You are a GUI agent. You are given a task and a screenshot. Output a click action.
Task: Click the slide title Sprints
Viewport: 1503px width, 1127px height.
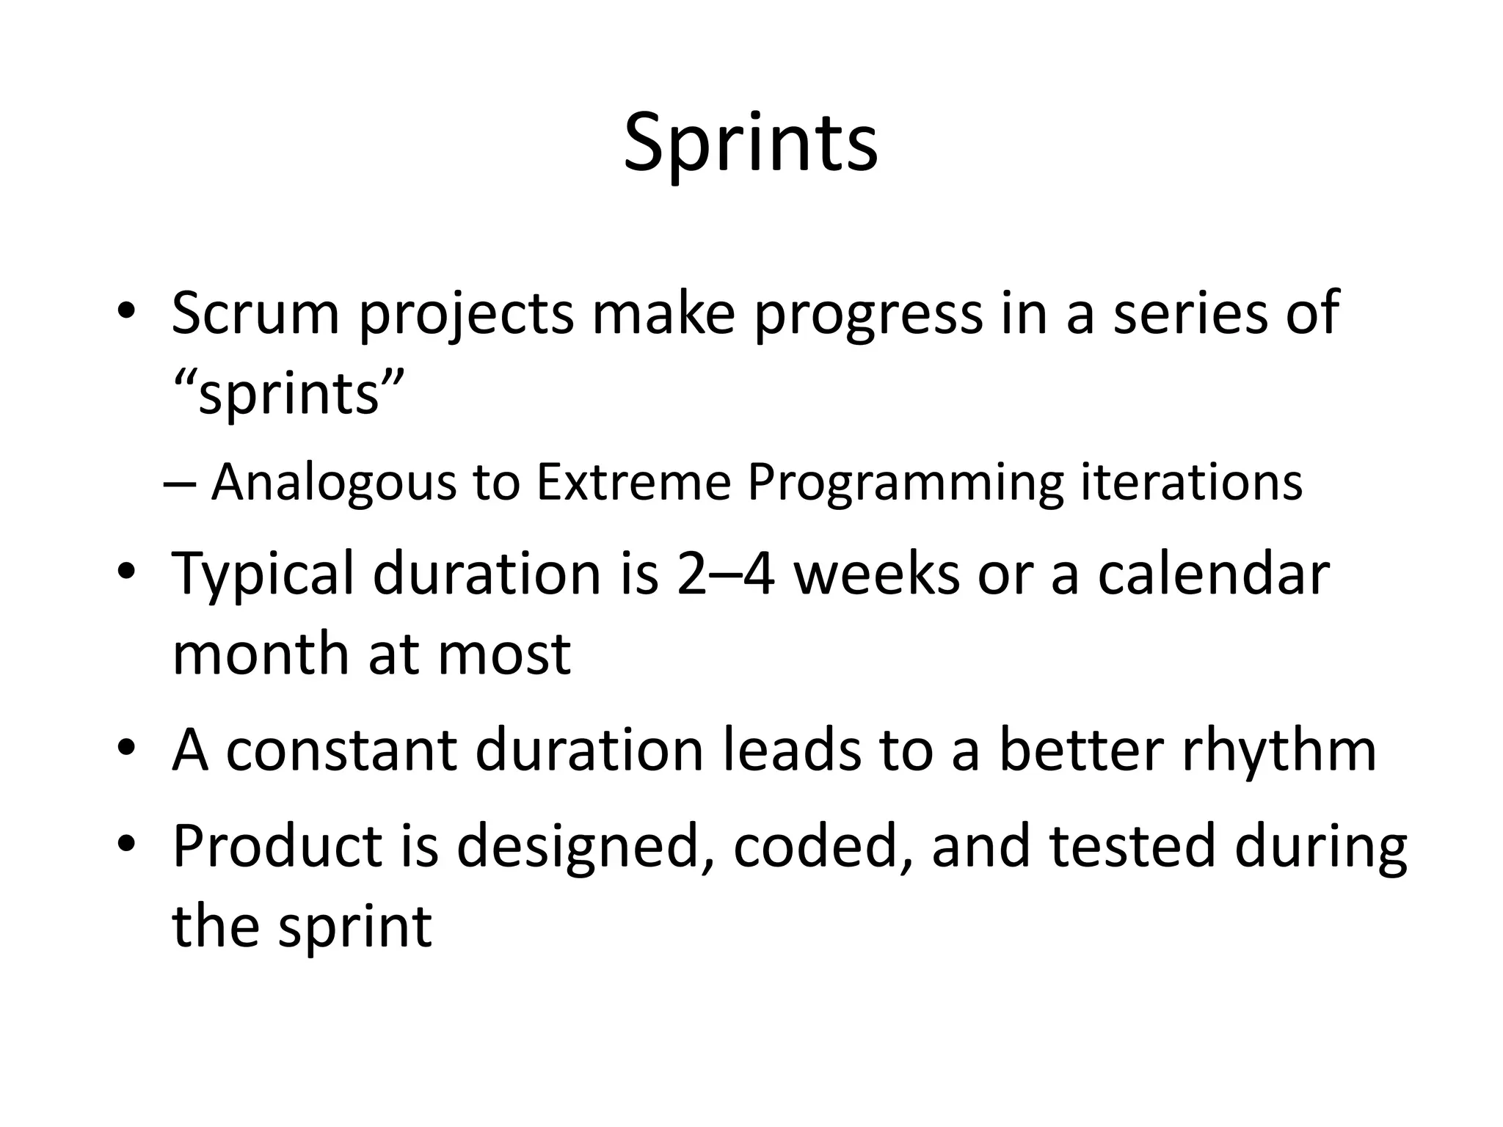pyautogui.click(x=750, y=143)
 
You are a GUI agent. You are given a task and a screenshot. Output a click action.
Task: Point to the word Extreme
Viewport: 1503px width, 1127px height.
pyautogui.click(x=633, y=483)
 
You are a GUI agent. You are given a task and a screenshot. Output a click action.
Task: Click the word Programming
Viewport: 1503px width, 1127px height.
pyautogui.click(x=906, y=484)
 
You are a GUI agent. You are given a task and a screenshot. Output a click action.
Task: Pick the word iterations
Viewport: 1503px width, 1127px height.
pyautogui.click(x=1191, y=483)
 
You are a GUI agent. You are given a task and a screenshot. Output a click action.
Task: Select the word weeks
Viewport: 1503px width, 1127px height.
pyautogui.click(x=877, y=573)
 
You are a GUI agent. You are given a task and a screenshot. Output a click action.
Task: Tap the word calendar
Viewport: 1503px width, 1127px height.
pyautogui.click(x=1213, y=573)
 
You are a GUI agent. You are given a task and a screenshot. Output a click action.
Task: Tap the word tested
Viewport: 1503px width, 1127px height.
pyautogui.click(x=1132, y=845)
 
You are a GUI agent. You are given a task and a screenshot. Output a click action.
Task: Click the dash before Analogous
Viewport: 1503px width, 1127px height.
pyautogui.click(x=179, y=484)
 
